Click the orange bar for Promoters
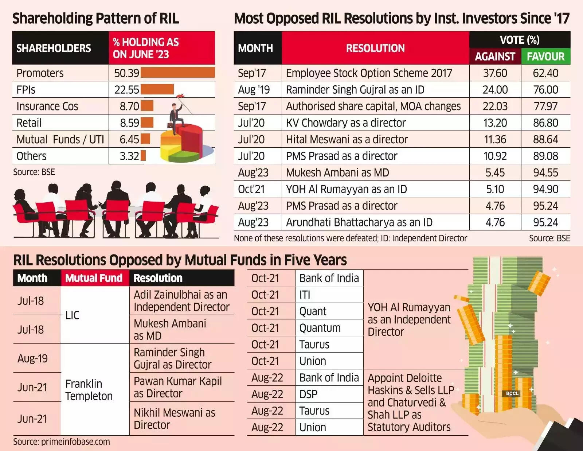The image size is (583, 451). tap(177, 73)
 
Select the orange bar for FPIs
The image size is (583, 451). tap(157, 89)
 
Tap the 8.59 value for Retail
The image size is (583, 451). tap(129, 123)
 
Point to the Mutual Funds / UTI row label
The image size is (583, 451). tap(60, 139)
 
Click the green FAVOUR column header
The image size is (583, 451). tap(545, 57)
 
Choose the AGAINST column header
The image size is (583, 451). tap(495, 57)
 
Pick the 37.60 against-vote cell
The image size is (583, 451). tap(495, 73)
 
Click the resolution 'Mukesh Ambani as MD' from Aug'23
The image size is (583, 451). tap(337, 172)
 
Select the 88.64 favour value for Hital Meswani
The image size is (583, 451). tap(545, 139)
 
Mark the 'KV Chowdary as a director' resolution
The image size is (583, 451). tap(345, 123)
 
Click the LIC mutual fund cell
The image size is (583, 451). tap(72, 315)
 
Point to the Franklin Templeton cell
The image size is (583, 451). tap(89, 390)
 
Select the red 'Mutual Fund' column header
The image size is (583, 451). tap(94, 278)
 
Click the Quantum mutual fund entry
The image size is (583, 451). tap(320, 328)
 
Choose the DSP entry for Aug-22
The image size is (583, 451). tap(308, 394)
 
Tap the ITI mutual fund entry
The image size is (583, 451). tap(305, 295)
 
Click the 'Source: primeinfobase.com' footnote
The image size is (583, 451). tap(62, 442)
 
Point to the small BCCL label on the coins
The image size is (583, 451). tap(512, 393)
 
